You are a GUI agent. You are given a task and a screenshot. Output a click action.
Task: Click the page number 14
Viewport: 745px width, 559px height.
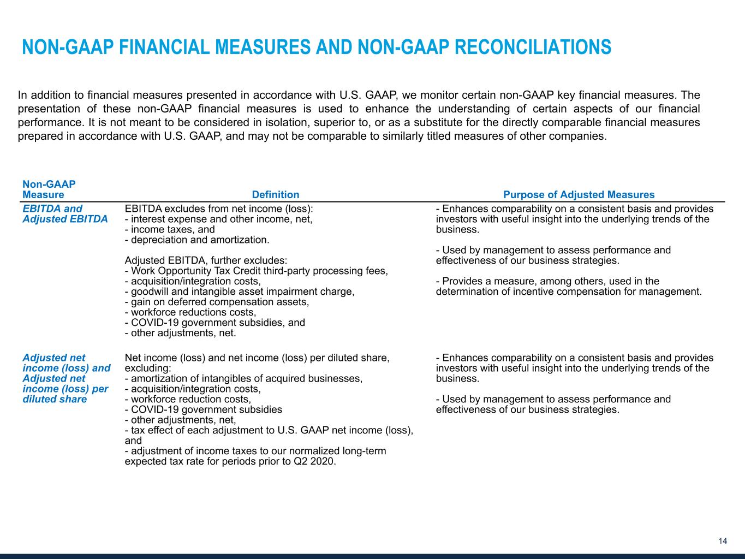click(x=723, y=541)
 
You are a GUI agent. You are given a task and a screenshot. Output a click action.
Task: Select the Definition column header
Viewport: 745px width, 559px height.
click(x=275, y=195)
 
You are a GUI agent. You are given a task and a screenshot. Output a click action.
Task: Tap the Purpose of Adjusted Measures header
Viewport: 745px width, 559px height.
click(x=579, y=195)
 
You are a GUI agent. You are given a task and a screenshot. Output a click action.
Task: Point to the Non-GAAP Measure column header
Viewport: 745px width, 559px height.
click(x=49, y=190)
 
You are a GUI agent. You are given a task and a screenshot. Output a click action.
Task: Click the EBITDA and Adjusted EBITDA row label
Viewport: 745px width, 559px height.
click(x=65, y=214)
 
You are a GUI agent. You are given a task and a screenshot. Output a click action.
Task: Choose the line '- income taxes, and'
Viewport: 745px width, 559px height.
click(x=170, y=229)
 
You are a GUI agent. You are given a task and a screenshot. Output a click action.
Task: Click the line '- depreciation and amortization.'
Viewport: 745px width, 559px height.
click(x=197, y=240)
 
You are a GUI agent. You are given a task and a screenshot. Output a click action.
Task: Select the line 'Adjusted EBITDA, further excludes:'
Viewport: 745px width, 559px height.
click(x=206, y=260)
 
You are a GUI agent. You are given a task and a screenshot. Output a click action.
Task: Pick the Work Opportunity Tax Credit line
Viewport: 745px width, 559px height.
click(x=256, y=271)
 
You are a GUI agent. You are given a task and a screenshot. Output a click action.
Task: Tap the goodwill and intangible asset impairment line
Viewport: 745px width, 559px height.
click(x=240, y=292)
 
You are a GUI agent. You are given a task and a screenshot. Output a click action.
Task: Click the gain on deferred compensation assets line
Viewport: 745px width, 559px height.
click(x=217, y=302)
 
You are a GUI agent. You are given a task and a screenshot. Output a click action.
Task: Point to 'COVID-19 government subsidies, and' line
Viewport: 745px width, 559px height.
click(x=214, y=323)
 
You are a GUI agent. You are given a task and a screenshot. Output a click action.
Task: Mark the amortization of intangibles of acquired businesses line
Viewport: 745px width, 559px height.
click(x=243, y=378)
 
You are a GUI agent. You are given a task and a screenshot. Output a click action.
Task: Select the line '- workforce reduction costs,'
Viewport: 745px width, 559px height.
click(x=188, y=399)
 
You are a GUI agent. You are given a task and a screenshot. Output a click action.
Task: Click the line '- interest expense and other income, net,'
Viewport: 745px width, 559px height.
click(x=218, y=219)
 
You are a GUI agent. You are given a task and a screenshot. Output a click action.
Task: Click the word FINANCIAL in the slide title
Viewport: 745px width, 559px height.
click(x=160, y=47)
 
